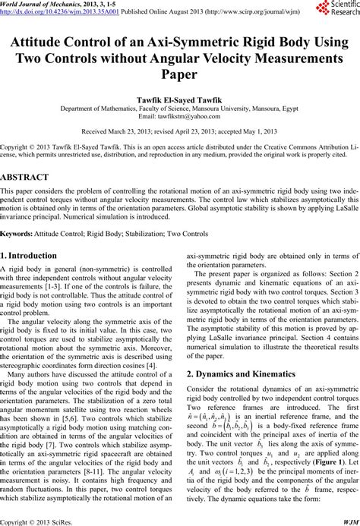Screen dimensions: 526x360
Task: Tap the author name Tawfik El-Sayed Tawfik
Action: [x=179, y=99]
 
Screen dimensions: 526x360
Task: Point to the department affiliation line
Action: [x=179, y=108]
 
